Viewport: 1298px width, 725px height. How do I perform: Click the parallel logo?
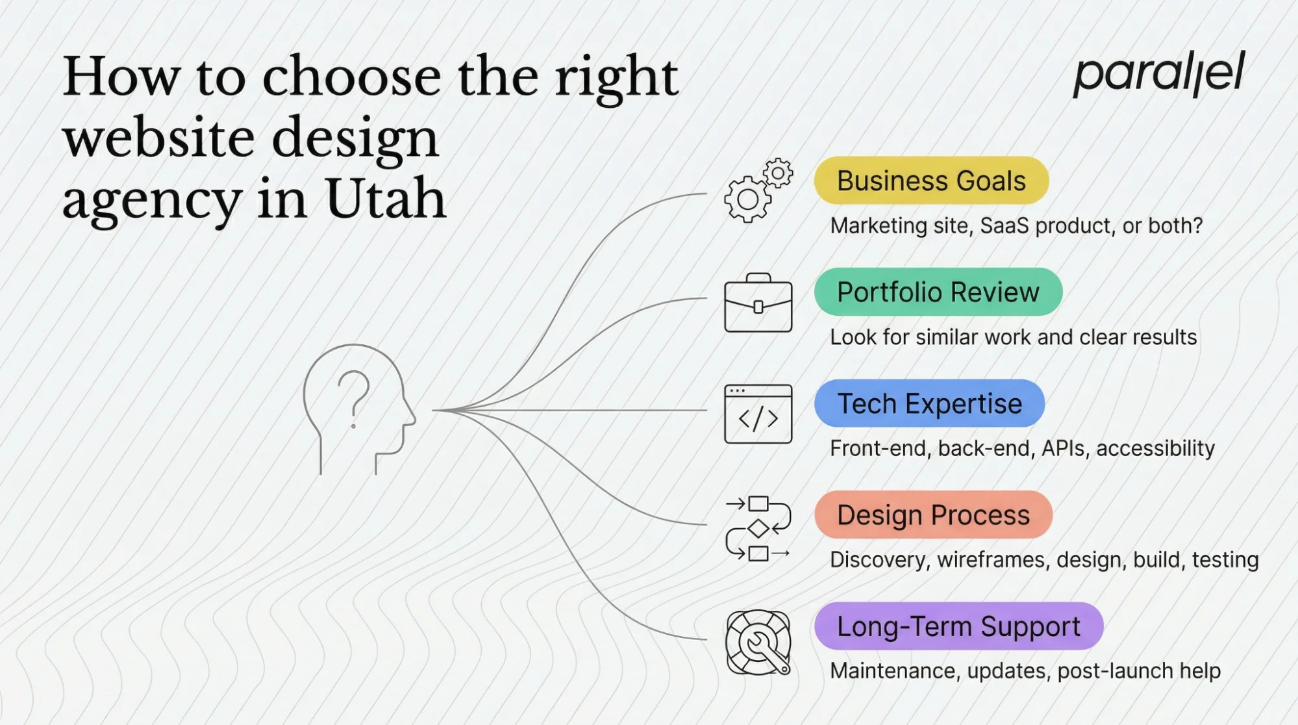pos(1159,73)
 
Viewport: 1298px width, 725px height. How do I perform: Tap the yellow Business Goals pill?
pos(931,181)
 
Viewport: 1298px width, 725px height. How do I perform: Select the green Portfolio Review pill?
pos(938,292)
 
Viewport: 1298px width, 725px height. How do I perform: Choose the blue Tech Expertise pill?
pos(929,403)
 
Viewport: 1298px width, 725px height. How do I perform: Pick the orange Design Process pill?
pos(933,515)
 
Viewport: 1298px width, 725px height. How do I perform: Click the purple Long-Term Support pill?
pos(958,626)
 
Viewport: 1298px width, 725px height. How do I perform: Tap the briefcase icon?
pos(758,303)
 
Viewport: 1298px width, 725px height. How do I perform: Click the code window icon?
pos(758,414)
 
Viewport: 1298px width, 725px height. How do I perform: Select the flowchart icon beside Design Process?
pos(758,528)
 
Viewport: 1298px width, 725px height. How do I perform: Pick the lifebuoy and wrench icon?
pos(758,642)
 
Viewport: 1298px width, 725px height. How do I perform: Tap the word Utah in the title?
pos(385,199)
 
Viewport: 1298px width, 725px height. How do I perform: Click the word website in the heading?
pos(158,138)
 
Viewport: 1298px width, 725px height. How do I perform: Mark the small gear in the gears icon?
pos(778,173)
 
